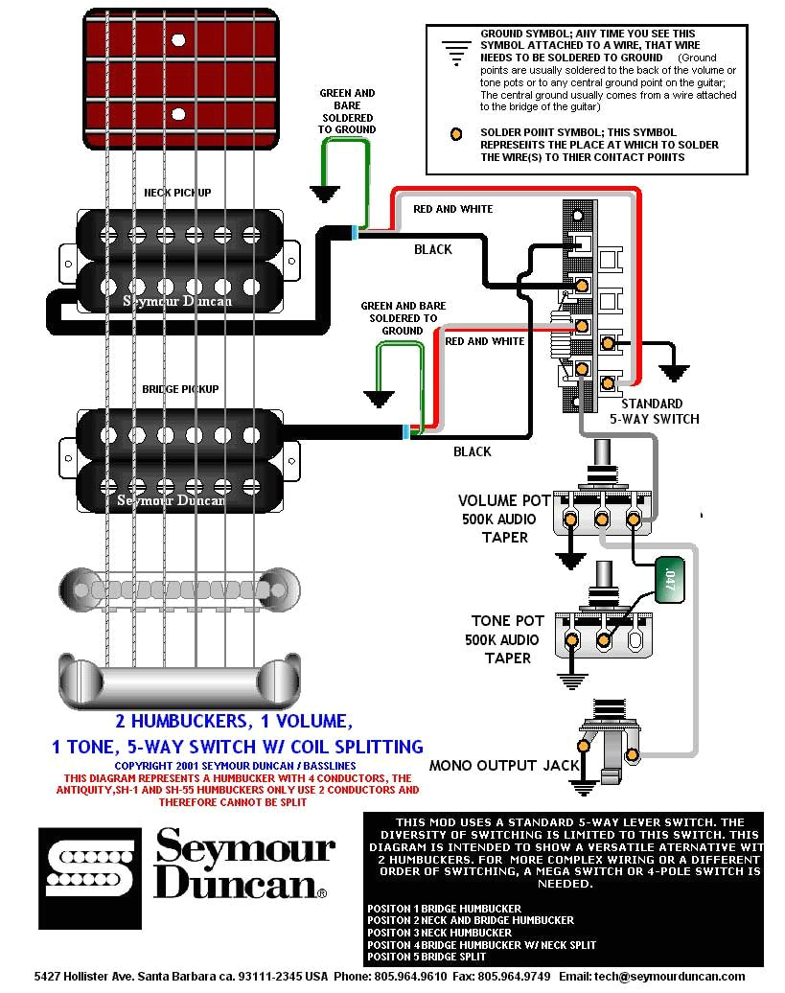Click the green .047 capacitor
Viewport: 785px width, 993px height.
(669, 580)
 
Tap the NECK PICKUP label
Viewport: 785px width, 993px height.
(177, 193)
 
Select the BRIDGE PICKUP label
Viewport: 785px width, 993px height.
(180, 389)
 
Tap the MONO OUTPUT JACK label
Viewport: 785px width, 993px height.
(504, 765)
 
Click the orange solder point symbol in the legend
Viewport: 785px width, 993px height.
(459, 133)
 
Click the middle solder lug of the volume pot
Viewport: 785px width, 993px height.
(603, 520)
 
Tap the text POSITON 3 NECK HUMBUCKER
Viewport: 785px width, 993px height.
(439, 933)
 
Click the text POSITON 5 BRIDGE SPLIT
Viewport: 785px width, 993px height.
(427, 957)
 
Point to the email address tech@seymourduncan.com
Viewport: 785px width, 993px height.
(651, 977)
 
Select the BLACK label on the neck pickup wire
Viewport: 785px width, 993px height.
(432, 249)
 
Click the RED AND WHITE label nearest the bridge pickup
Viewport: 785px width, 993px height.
(485, 341)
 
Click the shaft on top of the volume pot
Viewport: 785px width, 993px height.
(604, 459)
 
